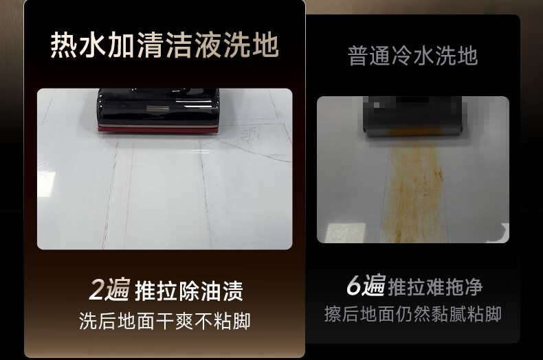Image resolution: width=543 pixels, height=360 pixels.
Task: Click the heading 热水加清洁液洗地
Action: (x=164, y=45)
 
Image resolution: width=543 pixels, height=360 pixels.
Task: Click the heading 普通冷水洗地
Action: (x=413, y=56)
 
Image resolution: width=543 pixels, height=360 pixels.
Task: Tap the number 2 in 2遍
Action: (x=97, y=290)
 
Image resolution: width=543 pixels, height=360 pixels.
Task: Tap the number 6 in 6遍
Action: (x=354, y=286)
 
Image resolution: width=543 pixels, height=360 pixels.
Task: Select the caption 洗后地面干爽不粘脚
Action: (x=165, y=321)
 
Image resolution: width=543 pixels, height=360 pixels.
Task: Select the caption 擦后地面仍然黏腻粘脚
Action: (x=413, y=314)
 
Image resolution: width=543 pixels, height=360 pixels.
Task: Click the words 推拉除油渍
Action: (x=189, y=291)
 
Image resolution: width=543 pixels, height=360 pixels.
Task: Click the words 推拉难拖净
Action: (x=435, y=286)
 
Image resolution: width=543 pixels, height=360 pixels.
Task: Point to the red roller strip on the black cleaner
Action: (x=158, y=129)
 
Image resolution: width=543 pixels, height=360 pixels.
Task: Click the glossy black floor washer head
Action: (x=158, y=111)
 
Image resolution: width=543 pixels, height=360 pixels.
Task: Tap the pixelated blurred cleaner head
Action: (x=413, y=116)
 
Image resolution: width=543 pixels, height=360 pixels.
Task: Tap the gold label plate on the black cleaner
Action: (x=157, y=109)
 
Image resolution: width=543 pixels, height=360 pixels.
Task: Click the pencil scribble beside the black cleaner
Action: (x=250, y=135)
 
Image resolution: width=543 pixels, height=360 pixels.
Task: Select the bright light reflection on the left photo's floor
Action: (x=47, y=183)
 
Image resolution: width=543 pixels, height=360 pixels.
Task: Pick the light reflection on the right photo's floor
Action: (x=345, y=232)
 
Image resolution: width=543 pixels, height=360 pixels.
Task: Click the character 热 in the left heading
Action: (x=64, y=45)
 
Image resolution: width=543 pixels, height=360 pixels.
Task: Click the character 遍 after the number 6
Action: (x=374, y=285)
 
